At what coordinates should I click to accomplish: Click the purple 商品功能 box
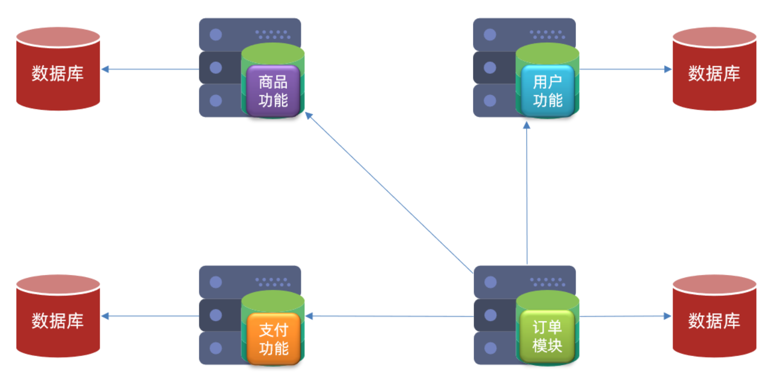273,91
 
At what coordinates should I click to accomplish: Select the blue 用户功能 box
547,91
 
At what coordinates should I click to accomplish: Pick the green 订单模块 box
547,337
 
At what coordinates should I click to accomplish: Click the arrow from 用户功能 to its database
625,69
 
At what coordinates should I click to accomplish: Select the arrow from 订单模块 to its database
625,316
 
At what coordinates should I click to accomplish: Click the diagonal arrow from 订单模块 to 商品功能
389,193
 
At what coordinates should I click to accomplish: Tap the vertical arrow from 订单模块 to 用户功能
526,194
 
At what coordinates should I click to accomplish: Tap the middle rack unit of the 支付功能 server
220,315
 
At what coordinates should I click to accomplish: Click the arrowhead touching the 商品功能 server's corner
309,116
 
